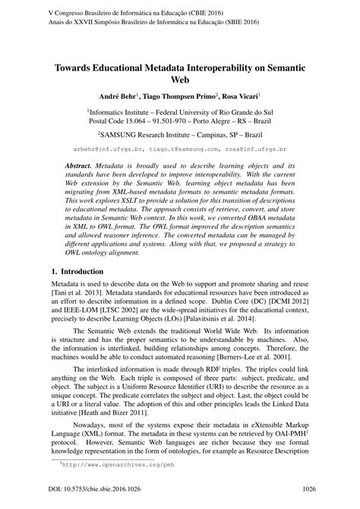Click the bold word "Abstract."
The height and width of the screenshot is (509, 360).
point(84,165)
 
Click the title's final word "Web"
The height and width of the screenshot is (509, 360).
point(180,79)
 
